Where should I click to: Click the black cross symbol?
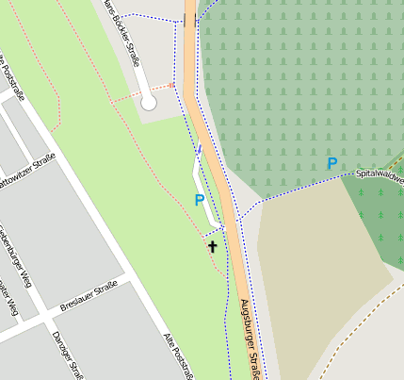212,247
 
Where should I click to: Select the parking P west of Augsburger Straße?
199,200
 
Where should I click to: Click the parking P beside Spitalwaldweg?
331,164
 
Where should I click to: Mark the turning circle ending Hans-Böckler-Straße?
149,103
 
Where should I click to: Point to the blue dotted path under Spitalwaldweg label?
311,183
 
